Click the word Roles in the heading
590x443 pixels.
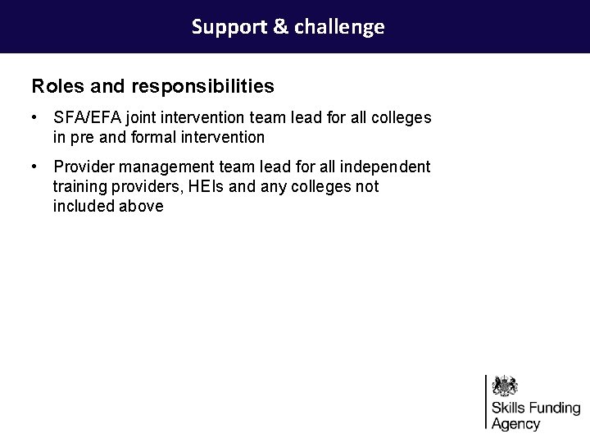56,85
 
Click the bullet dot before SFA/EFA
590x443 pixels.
35,118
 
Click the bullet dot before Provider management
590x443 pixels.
35,167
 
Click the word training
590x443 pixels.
79,186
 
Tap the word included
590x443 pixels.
83,206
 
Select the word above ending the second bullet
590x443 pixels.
141,206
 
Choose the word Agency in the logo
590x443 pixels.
515,424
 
